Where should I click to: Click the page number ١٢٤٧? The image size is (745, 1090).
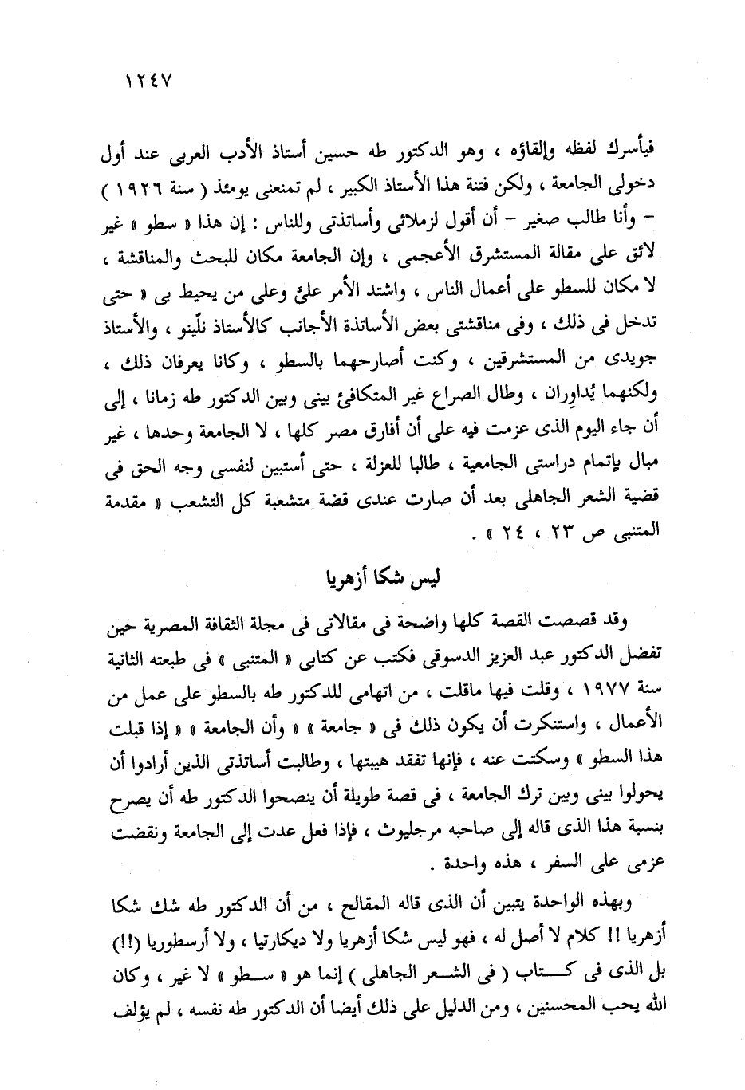tap(150, 82)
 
